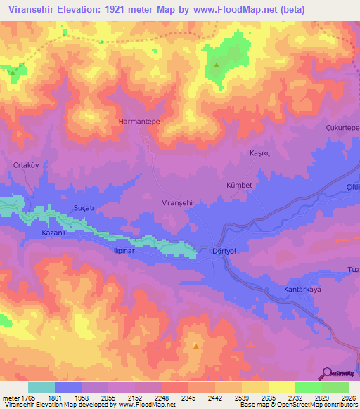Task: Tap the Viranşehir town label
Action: click(173, 202)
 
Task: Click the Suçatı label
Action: click(84, 209)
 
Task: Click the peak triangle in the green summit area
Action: click(217, 66)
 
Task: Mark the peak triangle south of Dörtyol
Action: click(195, 346)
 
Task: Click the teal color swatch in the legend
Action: click(41, 387)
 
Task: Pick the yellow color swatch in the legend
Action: click(281, 387)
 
